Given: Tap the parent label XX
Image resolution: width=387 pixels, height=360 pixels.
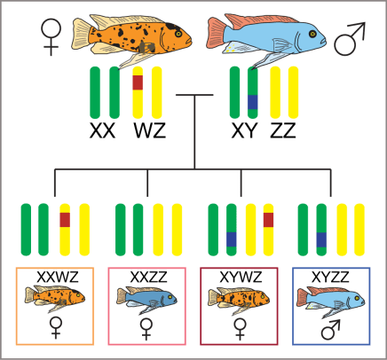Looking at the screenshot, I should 104,131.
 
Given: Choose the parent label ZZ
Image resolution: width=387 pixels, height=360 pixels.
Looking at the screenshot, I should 286,131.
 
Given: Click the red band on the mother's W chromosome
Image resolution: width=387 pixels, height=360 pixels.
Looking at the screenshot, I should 138,82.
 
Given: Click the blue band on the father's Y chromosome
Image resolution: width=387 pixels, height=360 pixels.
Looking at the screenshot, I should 252,103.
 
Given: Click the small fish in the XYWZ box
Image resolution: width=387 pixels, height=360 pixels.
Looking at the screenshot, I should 240,299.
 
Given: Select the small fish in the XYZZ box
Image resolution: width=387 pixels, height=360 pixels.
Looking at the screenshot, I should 330,299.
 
